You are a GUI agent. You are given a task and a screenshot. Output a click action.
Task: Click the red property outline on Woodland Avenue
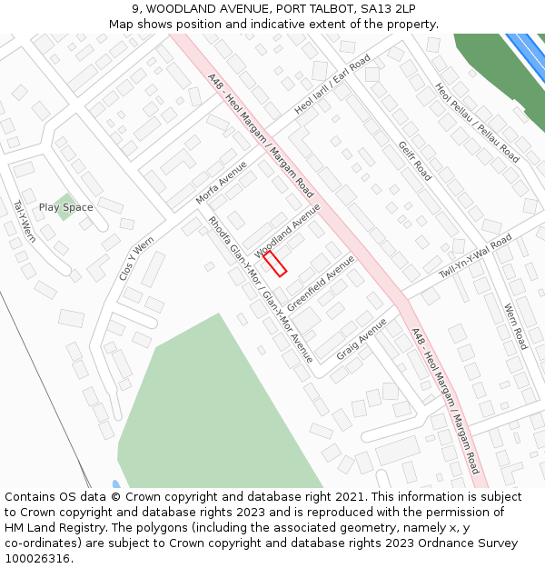275,264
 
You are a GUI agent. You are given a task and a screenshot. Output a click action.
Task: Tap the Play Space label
65,207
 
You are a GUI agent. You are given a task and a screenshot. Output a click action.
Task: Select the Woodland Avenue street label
288,230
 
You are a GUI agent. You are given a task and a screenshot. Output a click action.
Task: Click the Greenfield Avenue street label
321,281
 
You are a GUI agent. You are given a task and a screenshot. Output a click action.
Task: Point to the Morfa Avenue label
221,183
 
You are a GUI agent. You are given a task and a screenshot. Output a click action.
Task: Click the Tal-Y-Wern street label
25,221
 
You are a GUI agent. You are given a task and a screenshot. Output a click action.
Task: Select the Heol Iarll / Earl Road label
332,85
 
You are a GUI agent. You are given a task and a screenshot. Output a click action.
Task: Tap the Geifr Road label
414,161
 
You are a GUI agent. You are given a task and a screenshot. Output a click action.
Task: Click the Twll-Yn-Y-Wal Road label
475,256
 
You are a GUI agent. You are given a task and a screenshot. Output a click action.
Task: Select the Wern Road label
515,326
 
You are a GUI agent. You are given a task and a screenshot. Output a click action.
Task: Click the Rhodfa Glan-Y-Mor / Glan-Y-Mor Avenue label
260,289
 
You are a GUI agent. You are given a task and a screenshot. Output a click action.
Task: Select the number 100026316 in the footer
38,558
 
